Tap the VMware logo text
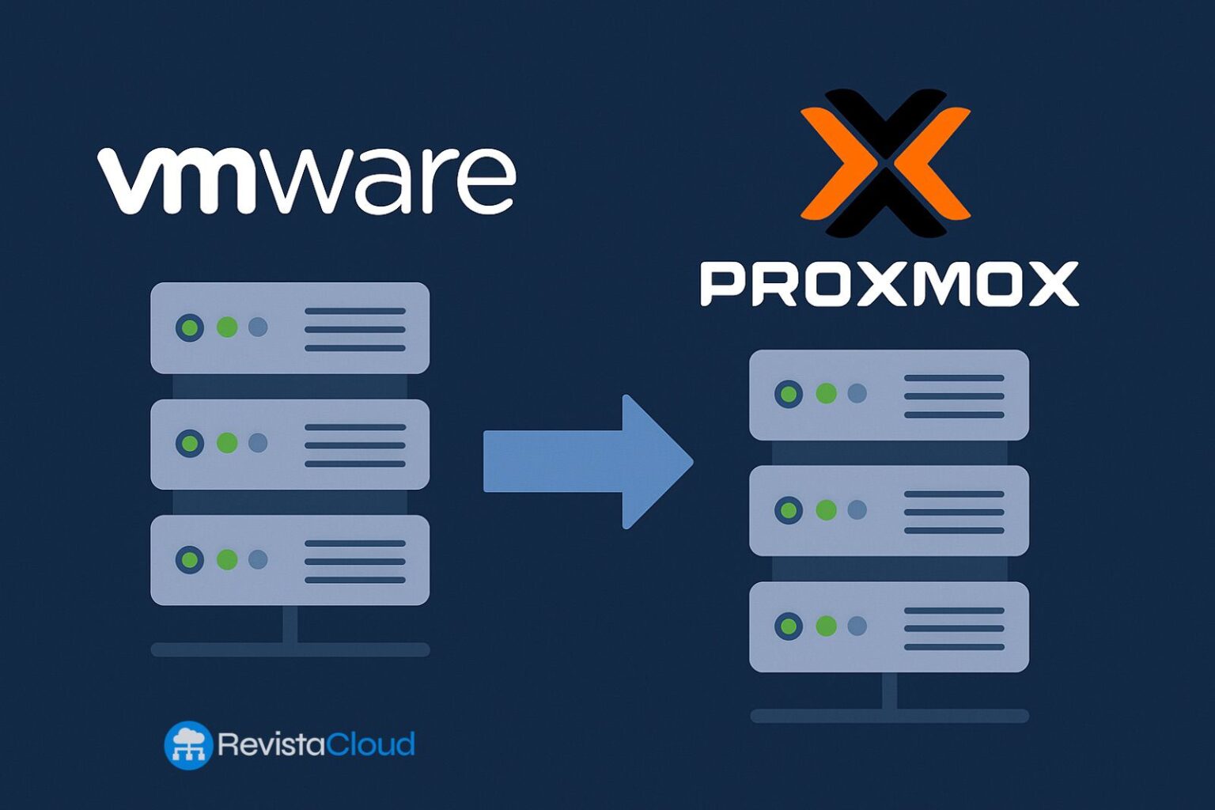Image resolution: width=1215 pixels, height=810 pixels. (x=307, y=180)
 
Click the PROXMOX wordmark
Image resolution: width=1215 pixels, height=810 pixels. (x=888, y=285)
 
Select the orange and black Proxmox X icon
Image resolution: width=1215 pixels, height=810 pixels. (x=885, y=163)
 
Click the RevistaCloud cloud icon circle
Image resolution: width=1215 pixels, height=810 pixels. (x=188, y=745)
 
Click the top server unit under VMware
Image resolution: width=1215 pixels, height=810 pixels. (x=290, y=327)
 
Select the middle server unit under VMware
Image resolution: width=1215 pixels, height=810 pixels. (x=290, y=444)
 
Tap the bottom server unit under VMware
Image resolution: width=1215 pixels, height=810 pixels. (x=290, y=560)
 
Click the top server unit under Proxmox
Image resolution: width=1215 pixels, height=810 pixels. (x=888, y=395)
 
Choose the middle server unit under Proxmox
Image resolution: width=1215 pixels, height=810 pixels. (x=888, y=510)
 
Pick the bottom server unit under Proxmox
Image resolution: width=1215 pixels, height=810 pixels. (x=888, y=626)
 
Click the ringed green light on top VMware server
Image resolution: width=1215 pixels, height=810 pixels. (x=190, y=327)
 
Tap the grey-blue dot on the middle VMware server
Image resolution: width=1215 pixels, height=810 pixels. (x=258, y=443)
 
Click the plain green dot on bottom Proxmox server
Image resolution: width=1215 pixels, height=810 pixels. (x=826, y=626)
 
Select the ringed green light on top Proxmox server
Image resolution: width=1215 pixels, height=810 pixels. (x=789, y=394)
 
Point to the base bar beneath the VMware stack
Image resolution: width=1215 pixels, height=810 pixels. (x=290, y=649)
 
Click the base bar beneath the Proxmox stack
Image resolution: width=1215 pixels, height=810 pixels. (x=888, y=716)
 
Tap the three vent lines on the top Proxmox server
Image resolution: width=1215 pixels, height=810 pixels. (x=954, y=396)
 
